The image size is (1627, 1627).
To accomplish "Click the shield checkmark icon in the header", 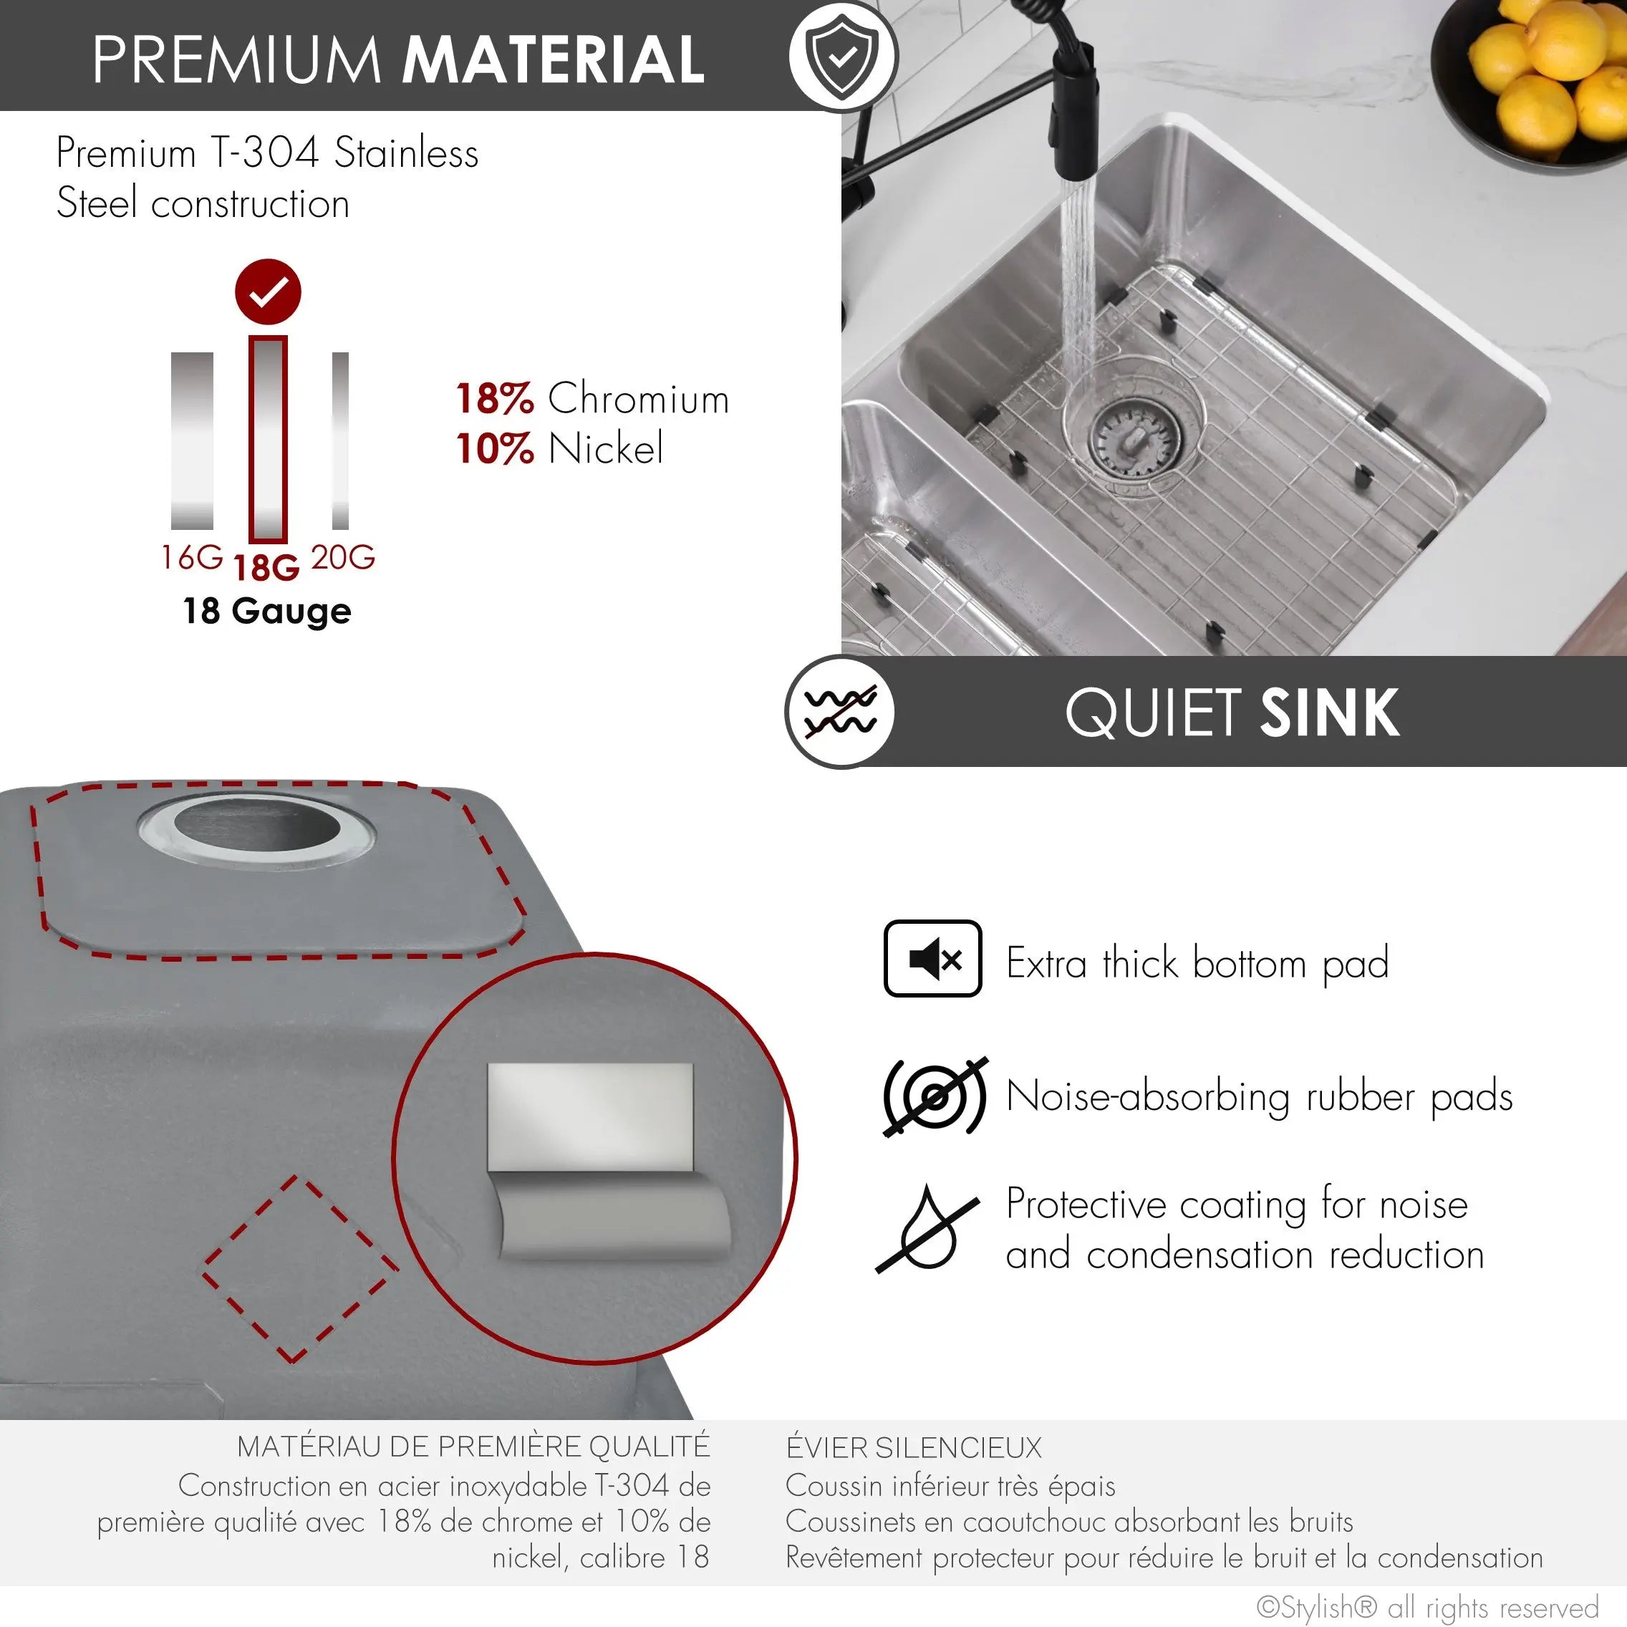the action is pos(843,56).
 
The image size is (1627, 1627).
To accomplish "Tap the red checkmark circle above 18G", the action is pos(268,291).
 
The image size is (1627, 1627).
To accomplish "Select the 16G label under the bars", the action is pos(192,558).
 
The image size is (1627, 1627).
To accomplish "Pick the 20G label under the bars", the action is pos(343,558).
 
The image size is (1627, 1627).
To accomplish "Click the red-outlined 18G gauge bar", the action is pos(268,440).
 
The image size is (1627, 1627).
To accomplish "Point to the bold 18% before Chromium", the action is pos(495,398).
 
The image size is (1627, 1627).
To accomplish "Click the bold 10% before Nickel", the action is pos(495,448).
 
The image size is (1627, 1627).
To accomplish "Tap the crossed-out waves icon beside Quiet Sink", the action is pos(839,713).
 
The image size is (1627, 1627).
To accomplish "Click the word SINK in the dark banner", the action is pos(1330,713).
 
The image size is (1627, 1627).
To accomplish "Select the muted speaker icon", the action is pos(932,958).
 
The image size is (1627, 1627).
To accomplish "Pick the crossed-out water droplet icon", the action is pos(927,1229).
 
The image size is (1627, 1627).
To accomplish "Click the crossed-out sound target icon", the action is pos(935,1096).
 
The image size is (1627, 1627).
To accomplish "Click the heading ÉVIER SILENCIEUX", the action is pos(914,1448).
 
